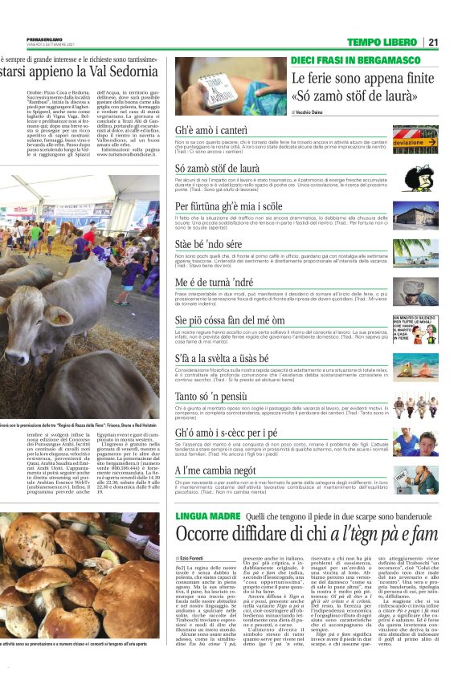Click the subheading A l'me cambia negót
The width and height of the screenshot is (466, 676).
tap(215, 470)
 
